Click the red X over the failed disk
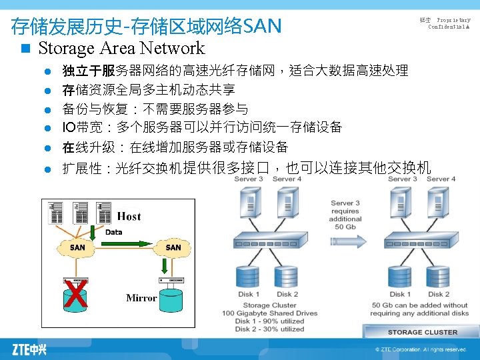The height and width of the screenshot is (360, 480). pos(77,294)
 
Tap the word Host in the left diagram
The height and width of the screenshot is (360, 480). pos(129,216)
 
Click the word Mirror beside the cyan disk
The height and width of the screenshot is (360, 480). pos(141,298)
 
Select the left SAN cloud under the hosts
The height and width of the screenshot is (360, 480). pos(78,247)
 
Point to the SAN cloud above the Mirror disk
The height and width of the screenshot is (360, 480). pos(173,247)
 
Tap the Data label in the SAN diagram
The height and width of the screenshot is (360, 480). pos(114,232)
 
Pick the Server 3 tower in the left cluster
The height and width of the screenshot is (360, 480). pos(248,203)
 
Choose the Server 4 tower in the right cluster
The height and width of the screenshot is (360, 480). pos(440,203)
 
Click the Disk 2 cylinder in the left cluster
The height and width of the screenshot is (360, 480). pos(287,277)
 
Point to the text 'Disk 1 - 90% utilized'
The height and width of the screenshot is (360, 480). pos(269,321)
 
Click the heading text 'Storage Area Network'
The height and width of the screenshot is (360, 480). pos(121,48)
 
